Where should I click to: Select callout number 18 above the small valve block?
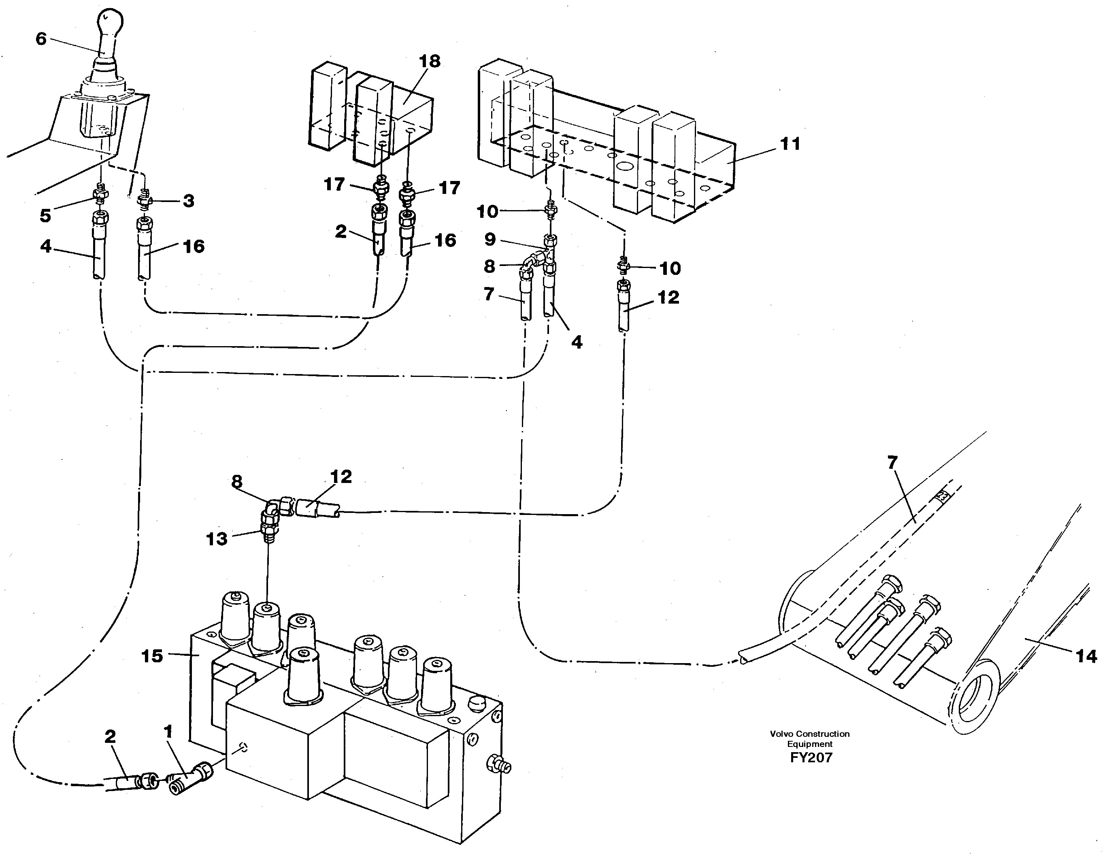coord(429,61)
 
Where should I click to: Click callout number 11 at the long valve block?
coord(790,144)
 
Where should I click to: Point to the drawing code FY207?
coord(811,757)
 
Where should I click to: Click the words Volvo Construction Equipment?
coord(809,738)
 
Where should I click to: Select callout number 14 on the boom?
coord(1086,656)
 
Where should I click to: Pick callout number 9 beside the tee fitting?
coord(490,239)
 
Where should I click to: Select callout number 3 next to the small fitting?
coord(188,200)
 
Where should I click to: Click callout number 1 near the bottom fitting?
coord(168,732)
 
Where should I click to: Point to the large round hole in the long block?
coord(625,166)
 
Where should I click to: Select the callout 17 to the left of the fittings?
coord(334,184)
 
